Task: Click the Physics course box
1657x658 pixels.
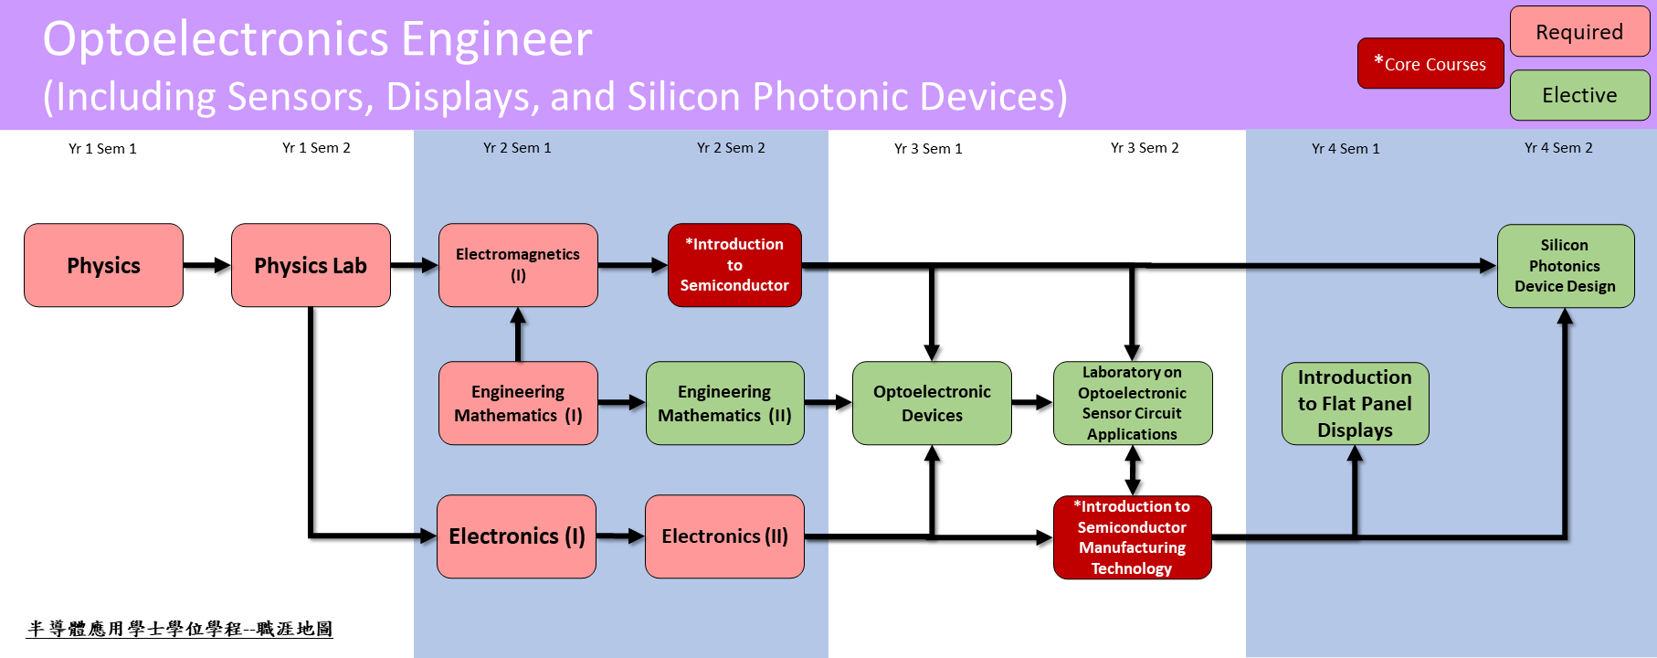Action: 103,265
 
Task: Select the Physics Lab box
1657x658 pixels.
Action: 311,265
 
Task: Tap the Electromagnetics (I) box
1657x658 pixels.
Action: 518,265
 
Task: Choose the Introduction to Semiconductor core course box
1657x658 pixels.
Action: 734,265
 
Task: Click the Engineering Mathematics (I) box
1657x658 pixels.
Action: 518,403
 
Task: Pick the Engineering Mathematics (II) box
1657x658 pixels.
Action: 725,403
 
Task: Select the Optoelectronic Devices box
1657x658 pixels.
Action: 932,403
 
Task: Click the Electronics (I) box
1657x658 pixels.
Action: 517,536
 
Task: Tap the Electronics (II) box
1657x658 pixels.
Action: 724,536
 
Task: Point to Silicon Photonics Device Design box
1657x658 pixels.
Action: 1566,266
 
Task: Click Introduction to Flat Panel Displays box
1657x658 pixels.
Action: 1356,403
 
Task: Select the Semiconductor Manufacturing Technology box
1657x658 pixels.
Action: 1133,537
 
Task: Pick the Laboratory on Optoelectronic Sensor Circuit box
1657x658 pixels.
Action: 1133,403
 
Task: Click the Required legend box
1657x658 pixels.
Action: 1580,32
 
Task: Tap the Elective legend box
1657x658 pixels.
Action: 1580,95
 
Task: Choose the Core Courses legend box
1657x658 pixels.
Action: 1430,63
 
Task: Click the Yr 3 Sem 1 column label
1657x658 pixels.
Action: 928,148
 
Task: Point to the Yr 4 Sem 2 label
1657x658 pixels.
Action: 1558,147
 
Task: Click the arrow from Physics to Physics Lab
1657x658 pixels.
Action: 207,265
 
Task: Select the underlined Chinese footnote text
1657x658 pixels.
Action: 180,629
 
